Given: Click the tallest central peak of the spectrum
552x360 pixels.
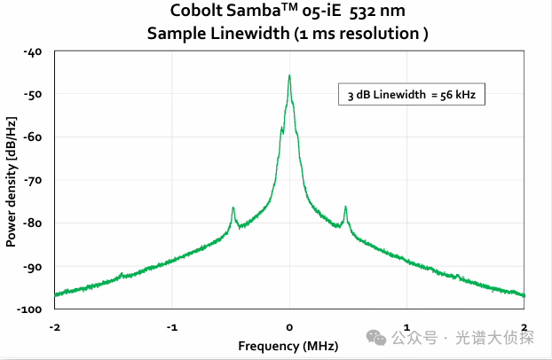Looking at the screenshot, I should (x=289, y=77).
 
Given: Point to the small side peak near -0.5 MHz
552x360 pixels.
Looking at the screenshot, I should (x=233, y=208).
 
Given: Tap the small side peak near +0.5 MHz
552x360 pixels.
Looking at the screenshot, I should (x=345, y=208).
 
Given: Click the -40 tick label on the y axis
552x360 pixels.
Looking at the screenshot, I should (x=34, y=52).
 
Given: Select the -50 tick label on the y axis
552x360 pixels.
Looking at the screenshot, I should (x=34, y=95).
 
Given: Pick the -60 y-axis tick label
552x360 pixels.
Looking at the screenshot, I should (x=34, y=137).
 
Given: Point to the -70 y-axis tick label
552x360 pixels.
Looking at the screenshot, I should (x=34, y=181).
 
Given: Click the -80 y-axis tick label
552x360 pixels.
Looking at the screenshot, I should (x=34, y=223).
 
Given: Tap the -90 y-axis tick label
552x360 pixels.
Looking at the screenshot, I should (x=34, y=266).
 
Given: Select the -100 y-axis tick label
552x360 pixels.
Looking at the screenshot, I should (x=31, y=309).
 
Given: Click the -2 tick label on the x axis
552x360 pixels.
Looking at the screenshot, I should (x=54, y=326).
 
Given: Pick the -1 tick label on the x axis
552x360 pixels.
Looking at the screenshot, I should (x=171, y=326).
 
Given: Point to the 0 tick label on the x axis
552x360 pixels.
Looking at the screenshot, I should (x=289, y=326).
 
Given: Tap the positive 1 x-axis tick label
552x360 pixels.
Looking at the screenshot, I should (x=406, y=326).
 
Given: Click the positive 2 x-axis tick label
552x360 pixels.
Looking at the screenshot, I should (x=524, y=326).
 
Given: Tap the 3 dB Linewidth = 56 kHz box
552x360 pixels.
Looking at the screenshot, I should (x=412, y=95).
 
